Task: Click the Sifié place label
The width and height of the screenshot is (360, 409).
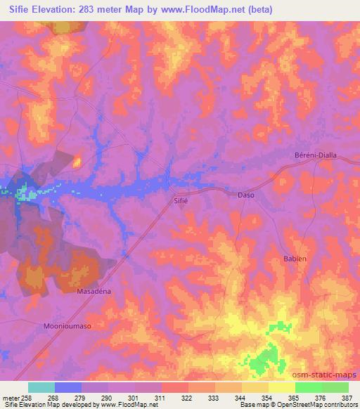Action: (182, 200)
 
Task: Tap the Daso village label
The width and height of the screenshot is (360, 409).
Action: (245, 195)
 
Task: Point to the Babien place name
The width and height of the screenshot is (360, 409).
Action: (295, 259)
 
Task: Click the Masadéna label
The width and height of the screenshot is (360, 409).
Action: (94, 290)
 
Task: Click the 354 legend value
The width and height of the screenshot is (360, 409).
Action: (267, 398)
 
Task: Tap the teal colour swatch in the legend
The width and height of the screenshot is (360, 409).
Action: (41, 387)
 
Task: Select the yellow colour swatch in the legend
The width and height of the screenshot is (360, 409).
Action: (282, 387)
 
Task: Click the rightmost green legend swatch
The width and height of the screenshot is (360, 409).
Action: (335, 387)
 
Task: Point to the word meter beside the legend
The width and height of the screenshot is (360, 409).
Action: (10, 398)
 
